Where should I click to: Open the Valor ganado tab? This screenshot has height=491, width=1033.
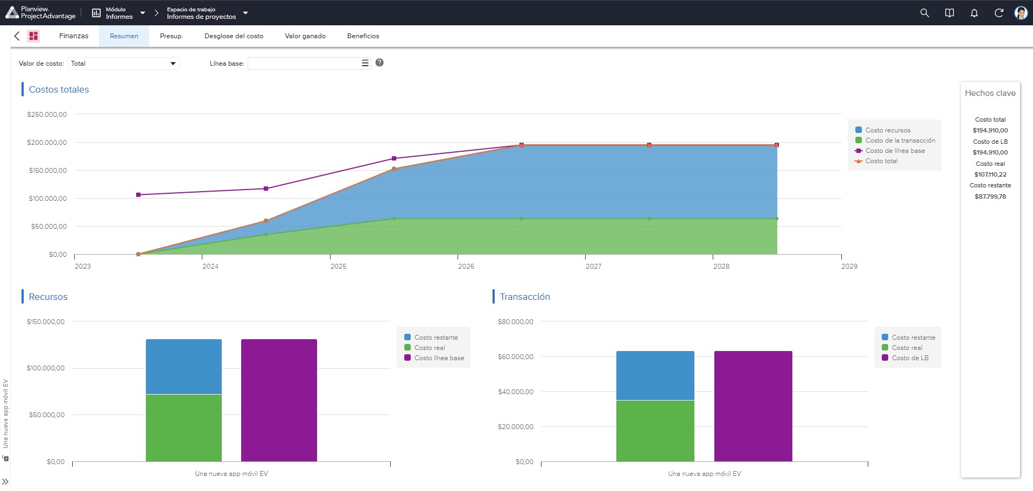[x=305, y=36]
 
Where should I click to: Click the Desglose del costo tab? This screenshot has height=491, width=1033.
[x=234, y=36]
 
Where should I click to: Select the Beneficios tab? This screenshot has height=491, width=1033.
[x=363, y=36]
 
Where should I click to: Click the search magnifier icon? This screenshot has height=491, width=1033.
[x=924, y=13]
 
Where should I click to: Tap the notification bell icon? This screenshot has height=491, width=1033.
[x=974, y=13]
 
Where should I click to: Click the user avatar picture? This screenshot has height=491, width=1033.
[x=1021, y=13]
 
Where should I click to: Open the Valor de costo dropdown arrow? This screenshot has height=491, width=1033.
[x=173, y=64]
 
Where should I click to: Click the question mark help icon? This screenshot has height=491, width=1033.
[x=380, y=62]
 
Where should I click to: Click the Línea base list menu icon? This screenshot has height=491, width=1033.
[x=365, y=63]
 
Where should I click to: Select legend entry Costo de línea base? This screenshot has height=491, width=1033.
[x=895, y=151]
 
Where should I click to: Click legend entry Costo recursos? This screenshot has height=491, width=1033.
[x=888, y=130]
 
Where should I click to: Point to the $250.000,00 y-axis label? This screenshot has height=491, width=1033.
[x=47, y=114]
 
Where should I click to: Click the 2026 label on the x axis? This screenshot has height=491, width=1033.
[x=466, y=266]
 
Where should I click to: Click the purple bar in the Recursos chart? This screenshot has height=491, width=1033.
[x=279, y=400]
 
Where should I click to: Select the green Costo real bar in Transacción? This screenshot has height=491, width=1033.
[x=655, y=431]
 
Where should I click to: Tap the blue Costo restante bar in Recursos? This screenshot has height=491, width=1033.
[x=184, y=367]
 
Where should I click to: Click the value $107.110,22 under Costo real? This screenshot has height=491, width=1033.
[x=990, y=174]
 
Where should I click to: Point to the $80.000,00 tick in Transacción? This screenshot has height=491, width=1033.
[x=516, y=322]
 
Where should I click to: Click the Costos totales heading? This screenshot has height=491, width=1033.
[x=59, y=89]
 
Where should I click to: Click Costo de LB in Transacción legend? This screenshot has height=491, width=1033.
[x=910, y=358]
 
